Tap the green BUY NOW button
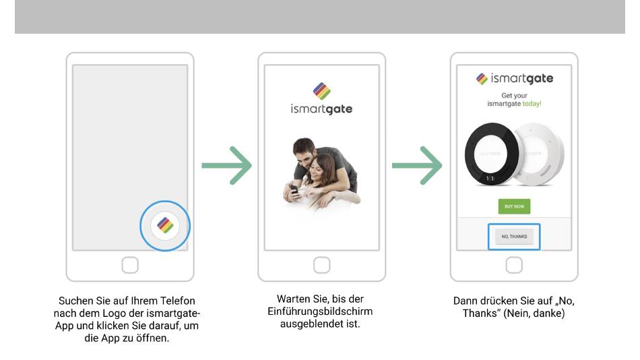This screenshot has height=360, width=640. [x=514, y=206]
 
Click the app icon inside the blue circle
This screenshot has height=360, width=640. [x=165, y=225]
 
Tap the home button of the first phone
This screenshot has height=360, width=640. [x=130, y=265]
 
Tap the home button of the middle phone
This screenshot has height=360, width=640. [x=321, y=265]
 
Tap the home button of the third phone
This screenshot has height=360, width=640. [x=514, y=265]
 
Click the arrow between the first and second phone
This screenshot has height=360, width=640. [x=226, y=165]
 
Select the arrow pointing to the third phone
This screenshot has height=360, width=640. [x=417, y=165]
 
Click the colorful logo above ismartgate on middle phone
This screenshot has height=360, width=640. [x=321, y=91]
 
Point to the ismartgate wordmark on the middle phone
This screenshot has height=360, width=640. [x=321, y=109]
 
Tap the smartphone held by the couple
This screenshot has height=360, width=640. [x=294, y=189]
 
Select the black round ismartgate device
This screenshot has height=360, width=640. [x=491, y=154]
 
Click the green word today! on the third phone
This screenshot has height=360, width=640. [x=532, y=104]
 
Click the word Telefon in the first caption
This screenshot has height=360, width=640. [x=178, y=301]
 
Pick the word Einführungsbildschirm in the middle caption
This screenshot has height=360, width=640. [x=320, y=311]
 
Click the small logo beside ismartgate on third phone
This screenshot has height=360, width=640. [x=482, y=78]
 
